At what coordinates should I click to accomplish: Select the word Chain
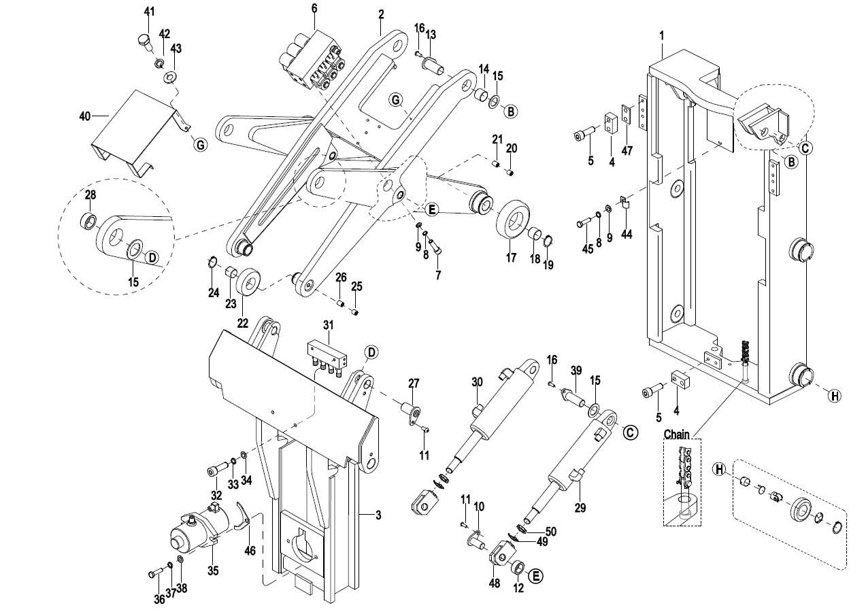point(676,435)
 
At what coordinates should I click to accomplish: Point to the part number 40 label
point(85,117)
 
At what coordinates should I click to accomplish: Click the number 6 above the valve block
point(314,8)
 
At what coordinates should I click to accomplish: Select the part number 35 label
point(213,571)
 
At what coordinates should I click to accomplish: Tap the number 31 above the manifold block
point(329,325)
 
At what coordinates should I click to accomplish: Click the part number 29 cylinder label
point(579,507)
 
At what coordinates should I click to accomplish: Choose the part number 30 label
point(476,383)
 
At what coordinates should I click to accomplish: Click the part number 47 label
point(627,151)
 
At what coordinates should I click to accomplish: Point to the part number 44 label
point(627,234)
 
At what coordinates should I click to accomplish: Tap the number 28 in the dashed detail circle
point(90,196)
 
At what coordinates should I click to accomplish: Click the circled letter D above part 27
point(371,352)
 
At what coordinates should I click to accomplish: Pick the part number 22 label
point(242,323)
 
